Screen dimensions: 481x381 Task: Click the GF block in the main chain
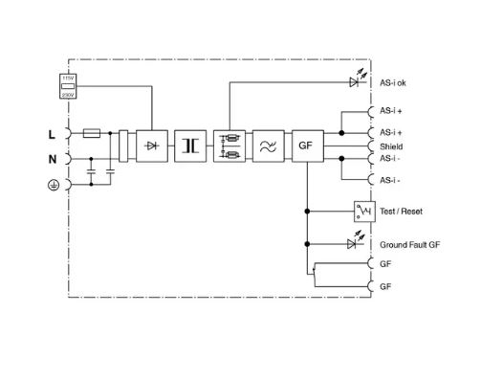point(308,146)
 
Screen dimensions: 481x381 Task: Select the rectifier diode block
point(152,146)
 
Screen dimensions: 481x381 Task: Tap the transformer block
point(190,146)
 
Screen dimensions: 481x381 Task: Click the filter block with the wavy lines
point(269,146)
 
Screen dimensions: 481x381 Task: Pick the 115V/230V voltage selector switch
point(68,86)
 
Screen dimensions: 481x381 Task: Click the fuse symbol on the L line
point(92,133)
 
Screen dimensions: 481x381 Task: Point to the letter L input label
point(52,135)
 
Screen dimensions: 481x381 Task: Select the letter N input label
point(53,159)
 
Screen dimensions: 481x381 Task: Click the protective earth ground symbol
point(54,185)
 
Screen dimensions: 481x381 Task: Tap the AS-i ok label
point(393,83)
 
